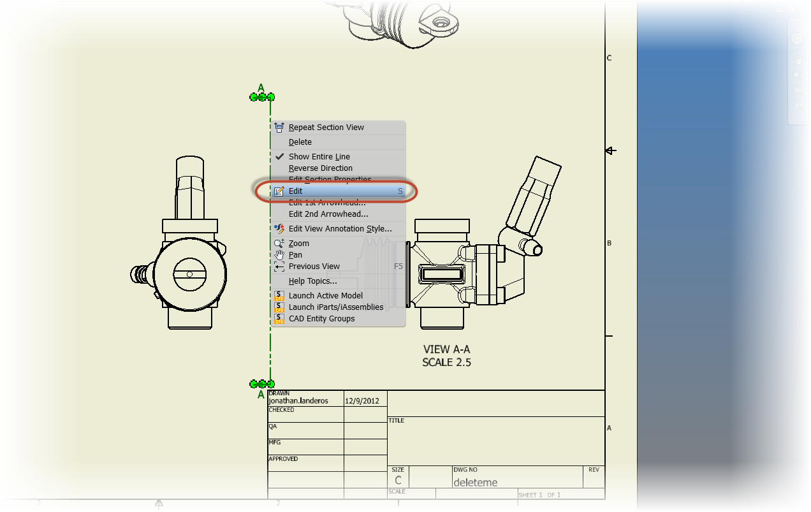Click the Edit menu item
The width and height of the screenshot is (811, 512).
click(x=296, y=191)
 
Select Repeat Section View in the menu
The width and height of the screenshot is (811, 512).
click(x=326, y=128)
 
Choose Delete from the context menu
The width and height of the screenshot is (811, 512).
click(x=300, y=142)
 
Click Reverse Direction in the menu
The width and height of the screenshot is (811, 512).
click(x=320, y=168)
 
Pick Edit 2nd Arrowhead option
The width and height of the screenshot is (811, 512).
click(x=328, y=214)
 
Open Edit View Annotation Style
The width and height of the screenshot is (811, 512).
click(x=340, y=229)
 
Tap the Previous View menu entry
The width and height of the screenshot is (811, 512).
click(x=314, y=267)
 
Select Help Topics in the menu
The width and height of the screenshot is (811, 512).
click(x=312, y=281)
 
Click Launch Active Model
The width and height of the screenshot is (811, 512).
click(x=325, y=296)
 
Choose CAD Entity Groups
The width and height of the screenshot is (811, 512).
click(x=321, y=319)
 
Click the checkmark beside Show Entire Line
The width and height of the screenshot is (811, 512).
click(x=279, y=156)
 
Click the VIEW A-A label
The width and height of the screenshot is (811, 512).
click(x=446, y=349)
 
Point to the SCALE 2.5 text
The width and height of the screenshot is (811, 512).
click(x=446, y=362)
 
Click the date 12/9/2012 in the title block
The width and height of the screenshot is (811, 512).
click(x=362, y=401)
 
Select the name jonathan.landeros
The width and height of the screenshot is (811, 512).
click(x=298, y=401)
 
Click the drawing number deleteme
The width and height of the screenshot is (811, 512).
click(x=475, y=482)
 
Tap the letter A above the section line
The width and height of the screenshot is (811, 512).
click(x=261, y=88)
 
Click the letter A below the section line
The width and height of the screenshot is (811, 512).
click(x=261, y=395)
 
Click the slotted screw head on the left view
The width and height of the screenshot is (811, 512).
click(x=189, y=274)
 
